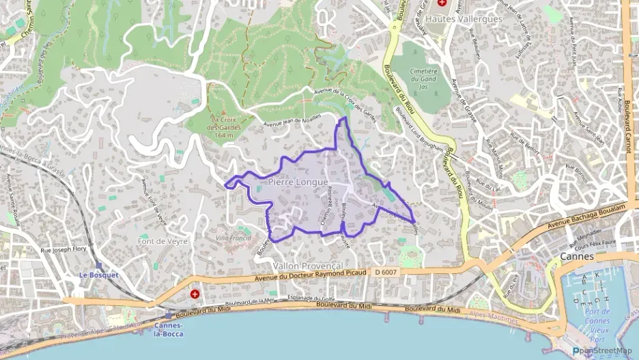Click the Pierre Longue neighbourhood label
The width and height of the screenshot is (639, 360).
coord(298,182)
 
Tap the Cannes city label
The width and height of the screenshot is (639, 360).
coord(577,256)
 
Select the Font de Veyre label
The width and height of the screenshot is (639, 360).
coord(162,241)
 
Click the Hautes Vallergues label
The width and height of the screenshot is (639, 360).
coord(464,19)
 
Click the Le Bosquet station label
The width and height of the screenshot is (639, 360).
coord(99,275)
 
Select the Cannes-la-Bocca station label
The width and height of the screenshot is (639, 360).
coord(169,329)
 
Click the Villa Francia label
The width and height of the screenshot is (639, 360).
coord(233,238)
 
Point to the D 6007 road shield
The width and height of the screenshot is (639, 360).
coord(386,272)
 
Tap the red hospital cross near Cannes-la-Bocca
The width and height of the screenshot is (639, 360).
coord(195,295)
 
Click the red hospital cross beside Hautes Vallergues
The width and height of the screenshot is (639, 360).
coord(442,4)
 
